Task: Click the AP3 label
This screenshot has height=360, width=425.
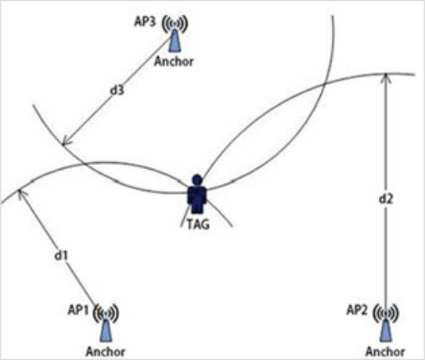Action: pyautogui.click(x=145, y=22)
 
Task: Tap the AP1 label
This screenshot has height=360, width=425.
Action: pyautogui.click(x=78, y=310)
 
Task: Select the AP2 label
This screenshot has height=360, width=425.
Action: pyautogui.click(x=357, y=310)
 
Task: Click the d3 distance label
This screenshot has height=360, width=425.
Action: pyautogui.click(x=117, y=90)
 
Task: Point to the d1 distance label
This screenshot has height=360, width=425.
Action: pyautogui.click(x=61, y=255)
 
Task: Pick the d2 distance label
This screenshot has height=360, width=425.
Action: pyautogui.click(x=385, y=199)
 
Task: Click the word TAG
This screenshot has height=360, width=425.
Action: pyautogui.click(x=199, y=225)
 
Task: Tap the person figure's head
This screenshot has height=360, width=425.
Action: pyautogui.click(x=197, y=180)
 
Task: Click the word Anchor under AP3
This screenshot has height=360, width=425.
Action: pyautogui.click(x=174, y=62)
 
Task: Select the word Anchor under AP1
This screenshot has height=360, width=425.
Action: pyautogui.click(x=106, y=352)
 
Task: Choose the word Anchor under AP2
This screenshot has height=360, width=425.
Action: pyautogui.click(x=385, y=351)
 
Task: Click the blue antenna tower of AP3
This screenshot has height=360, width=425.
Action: pyautogui.click(x=175, y=41)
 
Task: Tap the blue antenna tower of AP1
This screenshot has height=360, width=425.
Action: pyautogui.click(x=106, y=330)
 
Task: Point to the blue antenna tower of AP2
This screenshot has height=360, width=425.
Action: pyautogui.click(x=386, y=330)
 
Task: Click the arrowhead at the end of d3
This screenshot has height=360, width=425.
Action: pyautogui.click(x=65, y=142)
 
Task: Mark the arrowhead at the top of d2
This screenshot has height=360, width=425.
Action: pyautogui.click(x=386, y=77)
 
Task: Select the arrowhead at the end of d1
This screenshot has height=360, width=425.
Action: pyautogui.click(x=21, y=193)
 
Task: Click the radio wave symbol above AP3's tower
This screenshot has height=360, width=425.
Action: pyautogui.click(x=175, y=23)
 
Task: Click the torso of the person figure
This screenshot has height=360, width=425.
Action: pyautogui.click(x=197, y=195)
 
